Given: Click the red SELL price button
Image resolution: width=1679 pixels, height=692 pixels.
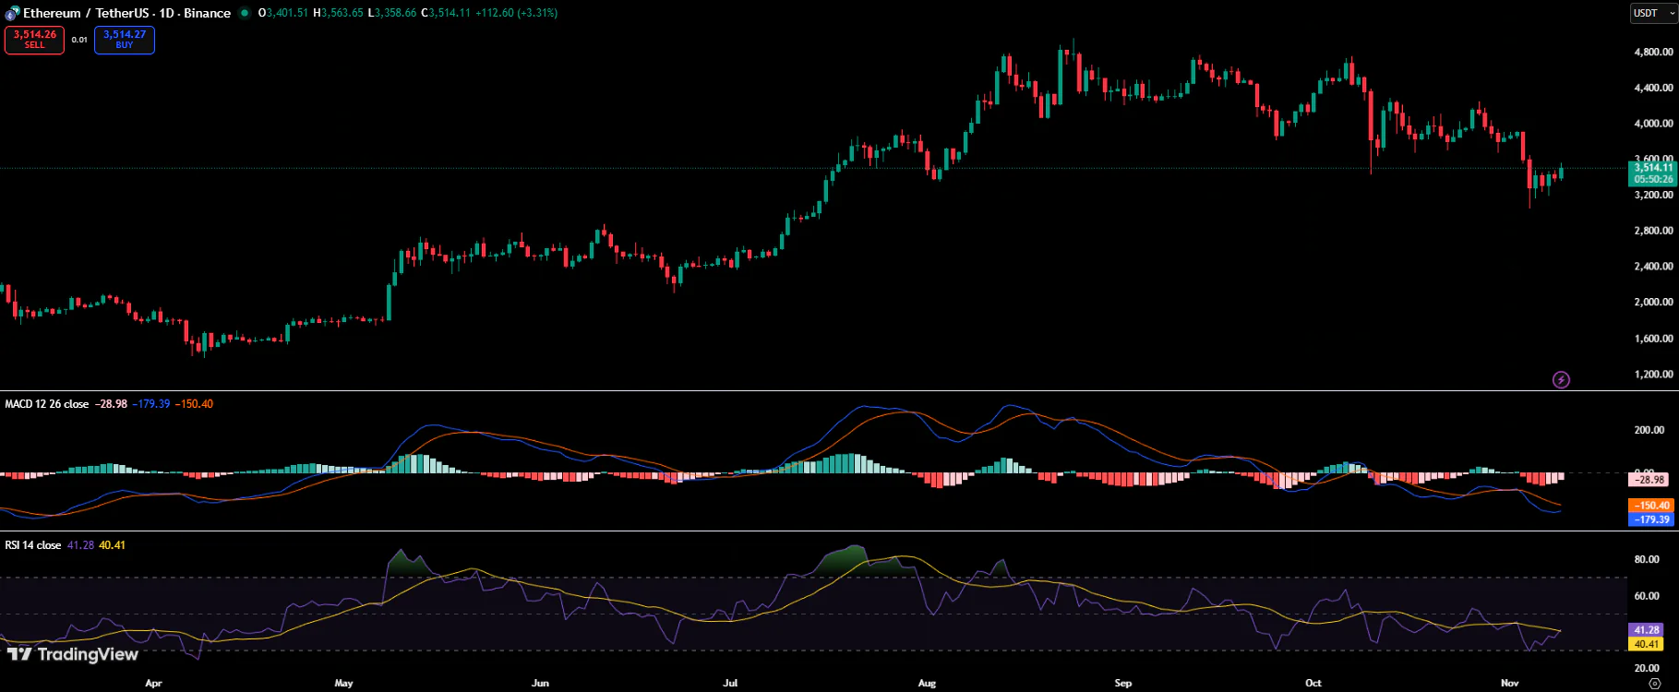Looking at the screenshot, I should pos(34,40).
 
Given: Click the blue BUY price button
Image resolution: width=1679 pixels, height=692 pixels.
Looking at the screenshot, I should pos(125,40).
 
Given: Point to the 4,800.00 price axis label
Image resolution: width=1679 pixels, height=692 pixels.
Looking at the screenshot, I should pos(1653,53).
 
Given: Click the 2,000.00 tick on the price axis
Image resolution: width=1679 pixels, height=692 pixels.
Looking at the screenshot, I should pos(1653,303).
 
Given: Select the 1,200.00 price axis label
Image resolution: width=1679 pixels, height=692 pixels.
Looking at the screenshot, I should pos(1653,375).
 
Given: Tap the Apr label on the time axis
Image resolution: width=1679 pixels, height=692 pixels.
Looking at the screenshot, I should pos(153,684).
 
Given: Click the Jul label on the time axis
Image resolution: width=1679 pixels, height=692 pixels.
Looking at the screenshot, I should pos(730,684).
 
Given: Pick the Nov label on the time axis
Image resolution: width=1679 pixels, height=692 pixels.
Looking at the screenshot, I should pos(1509,684).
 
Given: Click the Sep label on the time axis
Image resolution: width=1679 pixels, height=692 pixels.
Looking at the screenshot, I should pos(1122,684).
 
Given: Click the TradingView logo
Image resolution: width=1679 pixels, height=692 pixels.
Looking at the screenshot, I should pos(73,655).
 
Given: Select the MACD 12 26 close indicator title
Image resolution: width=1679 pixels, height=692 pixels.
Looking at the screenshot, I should pos(47,404).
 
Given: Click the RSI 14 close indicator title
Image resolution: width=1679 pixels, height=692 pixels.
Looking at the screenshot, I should pos(33,545).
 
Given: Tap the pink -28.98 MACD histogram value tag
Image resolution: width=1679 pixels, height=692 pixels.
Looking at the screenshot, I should pos(1649,480).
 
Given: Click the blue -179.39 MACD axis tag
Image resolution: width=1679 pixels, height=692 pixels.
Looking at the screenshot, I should pos(1650,519).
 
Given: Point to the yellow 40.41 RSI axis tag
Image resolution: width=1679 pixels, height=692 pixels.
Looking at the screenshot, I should pos(1647,644).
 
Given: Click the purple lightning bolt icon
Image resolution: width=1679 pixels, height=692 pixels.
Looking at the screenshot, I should pos(1561,379).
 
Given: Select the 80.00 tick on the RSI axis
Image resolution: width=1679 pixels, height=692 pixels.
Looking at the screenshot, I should pos(1647,559).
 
